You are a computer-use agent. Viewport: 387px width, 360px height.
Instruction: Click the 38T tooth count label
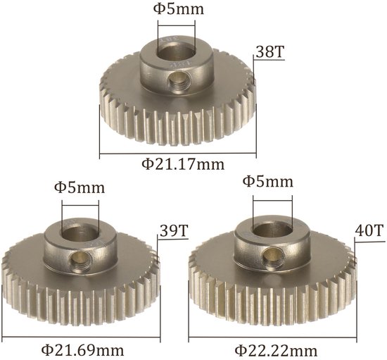pos(270,52)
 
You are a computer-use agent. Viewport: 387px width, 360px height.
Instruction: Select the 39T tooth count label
pos(175,230)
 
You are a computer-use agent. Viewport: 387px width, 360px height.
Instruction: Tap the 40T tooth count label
pos(369,230)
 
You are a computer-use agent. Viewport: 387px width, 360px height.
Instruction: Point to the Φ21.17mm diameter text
pos(183,164)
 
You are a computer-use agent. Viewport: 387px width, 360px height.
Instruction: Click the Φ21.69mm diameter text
pos(82,350)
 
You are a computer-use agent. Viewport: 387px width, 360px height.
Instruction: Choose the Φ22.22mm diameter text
pos(276,351)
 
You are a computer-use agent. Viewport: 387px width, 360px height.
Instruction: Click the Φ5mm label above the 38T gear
pos(179,9)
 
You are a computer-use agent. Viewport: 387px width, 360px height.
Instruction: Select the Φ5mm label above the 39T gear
pos(80,187)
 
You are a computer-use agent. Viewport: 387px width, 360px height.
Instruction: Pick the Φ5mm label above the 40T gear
pos(268,181)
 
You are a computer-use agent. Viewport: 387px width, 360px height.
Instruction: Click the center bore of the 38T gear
pos(176,52)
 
